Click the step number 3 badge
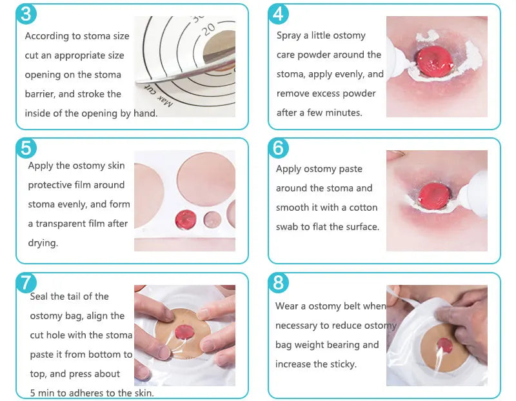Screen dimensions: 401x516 (25, 14)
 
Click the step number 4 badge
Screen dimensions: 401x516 (278, 14)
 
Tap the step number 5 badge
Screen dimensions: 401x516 (25, 148)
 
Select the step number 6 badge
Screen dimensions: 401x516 (278, 148)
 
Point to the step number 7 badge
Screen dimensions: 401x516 (25, 282)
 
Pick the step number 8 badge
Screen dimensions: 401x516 (278, 282)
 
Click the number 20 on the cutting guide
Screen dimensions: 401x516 (208, 28)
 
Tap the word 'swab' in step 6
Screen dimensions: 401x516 (288, 227)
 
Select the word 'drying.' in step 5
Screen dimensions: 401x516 (43, 243)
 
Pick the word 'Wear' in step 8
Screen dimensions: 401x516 (287, 306)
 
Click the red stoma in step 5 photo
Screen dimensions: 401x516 (184, 219)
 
